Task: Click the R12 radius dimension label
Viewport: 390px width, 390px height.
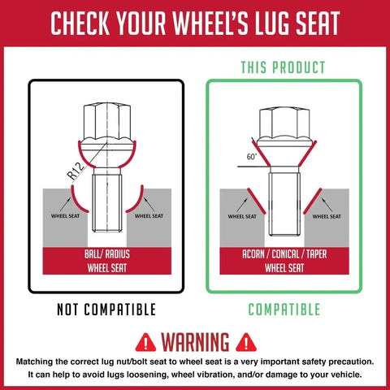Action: point(76,171)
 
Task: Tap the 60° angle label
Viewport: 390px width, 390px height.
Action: point(252,157)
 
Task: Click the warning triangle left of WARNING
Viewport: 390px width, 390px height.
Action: point(145,343)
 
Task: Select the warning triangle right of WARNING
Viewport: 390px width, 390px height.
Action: point(246,343)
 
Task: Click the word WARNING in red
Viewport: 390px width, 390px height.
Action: point(195,342)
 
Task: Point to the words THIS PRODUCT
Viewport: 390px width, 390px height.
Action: point(283,67)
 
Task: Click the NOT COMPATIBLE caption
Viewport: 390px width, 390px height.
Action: point(106,310)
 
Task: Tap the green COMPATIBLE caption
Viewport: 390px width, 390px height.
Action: point(284,310)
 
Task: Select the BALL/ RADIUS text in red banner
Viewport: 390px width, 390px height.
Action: point(107,254)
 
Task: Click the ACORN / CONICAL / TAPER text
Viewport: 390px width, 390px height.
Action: point(284,254)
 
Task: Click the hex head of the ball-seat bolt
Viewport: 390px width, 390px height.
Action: point(107,121)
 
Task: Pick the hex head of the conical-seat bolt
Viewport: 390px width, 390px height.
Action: point(284,123)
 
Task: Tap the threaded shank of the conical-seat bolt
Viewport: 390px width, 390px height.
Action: point(284,204)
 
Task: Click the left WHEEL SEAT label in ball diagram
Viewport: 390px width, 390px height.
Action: point(65,216)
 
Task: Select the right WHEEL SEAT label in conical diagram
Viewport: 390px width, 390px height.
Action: point(327,217)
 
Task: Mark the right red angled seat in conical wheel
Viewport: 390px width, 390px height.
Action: point(313,201)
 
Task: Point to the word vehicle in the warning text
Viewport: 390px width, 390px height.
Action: point(344,375)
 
